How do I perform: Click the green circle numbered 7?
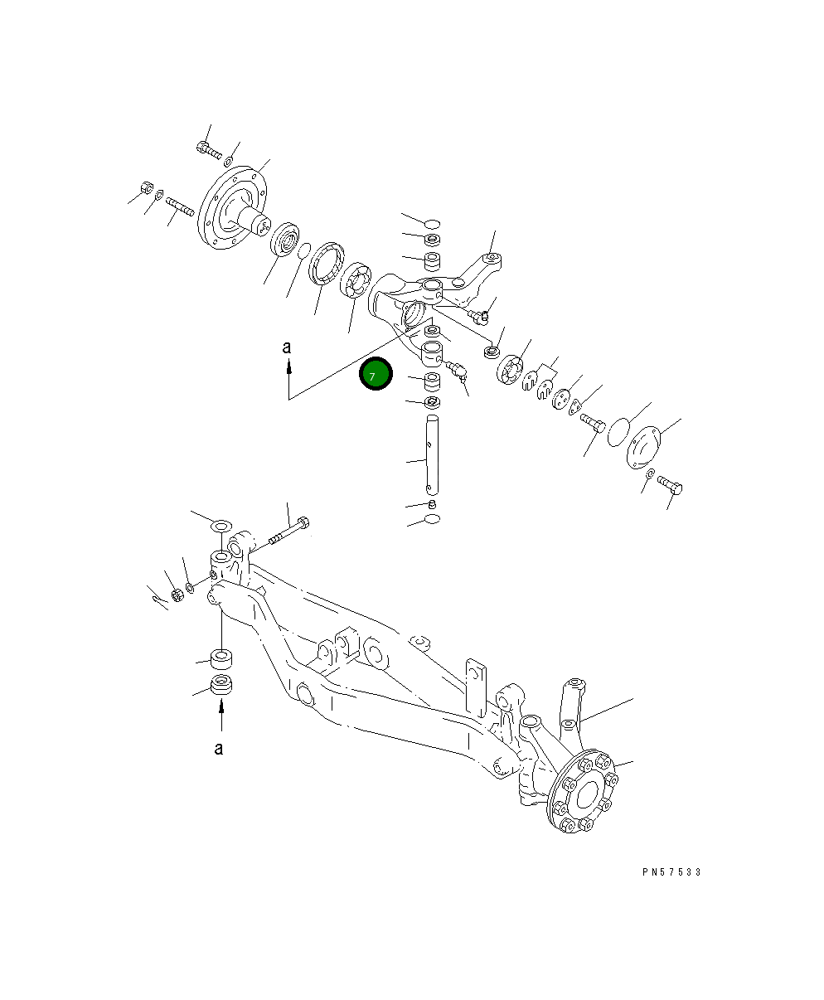point(375,375)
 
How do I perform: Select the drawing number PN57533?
point(671,872)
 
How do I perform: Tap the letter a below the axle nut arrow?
point(219,749)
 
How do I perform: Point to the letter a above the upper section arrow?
point(287,348)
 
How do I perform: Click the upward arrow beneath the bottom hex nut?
point(221,714)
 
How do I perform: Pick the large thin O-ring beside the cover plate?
point(617,432)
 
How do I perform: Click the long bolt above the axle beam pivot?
point(288,533)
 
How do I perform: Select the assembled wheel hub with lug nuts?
point(584,792)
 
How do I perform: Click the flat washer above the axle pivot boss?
point(221,527)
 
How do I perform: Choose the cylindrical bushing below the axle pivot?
point(221,659)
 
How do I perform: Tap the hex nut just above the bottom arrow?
point(221,685)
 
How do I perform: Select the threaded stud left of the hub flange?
point(179,205)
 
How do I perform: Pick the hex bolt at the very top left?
point(207,150)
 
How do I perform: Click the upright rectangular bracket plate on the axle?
point(475,687)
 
